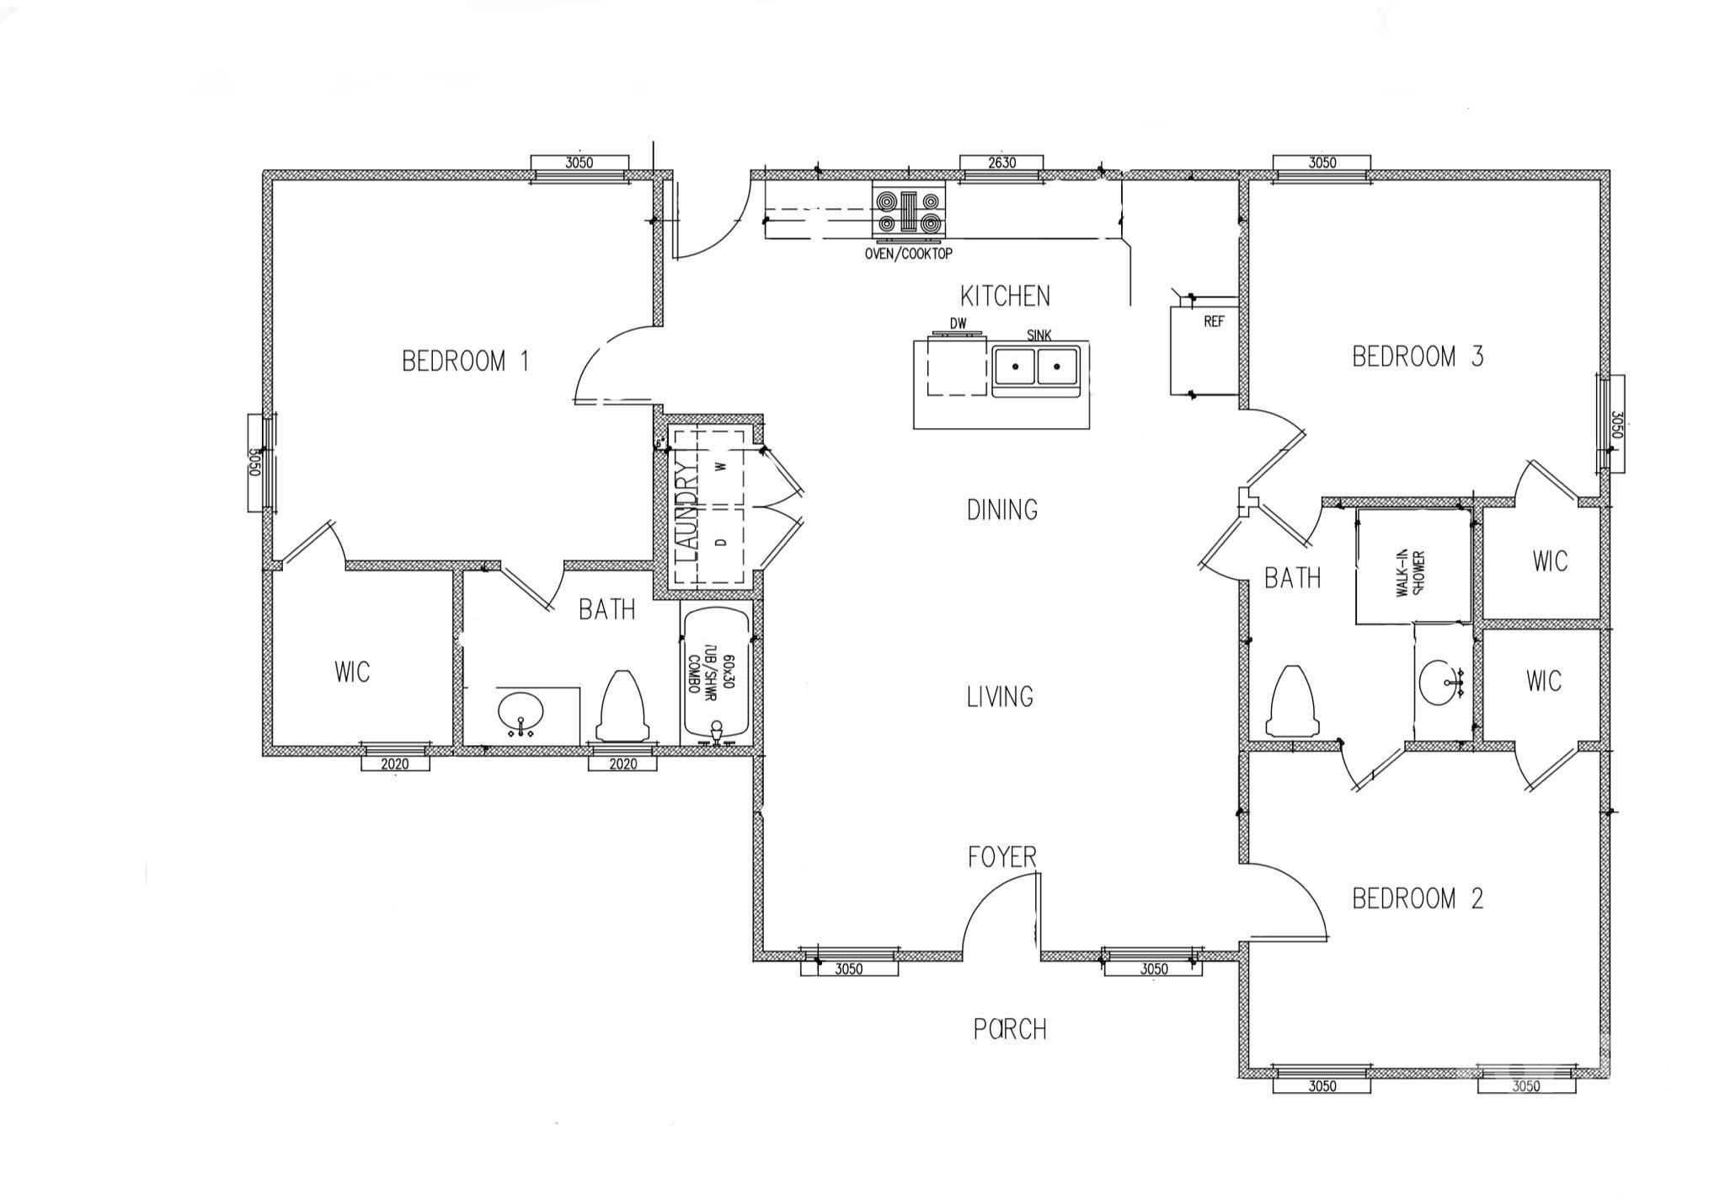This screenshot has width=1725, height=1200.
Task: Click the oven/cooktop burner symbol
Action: [908, 212]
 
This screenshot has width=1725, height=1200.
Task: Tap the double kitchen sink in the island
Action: [1035, 368]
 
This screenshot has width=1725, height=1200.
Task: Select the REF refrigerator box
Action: [1203, 351]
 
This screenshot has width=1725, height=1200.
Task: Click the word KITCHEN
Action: [1005, 296]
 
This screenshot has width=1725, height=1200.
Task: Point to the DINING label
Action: [1001, 510]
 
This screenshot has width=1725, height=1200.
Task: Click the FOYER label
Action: [1001, 857]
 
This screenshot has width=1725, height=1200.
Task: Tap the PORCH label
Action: [1010, 1029]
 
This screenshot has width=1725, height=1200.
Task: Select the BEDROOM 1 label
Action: [465, 362]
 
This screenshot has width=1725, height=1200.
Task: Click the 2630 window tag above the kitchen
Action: [1001, 163]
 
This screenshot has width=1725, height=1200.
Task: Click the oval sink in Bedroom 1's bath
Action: [522, 715]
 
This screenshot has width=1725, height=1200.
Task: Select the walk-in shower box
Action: [1413, 566]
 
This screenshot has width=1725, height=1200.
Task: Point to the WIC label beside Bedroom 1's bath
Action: [352, 672]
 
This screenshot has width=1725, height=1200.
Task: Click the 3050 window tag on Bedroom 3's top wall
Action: [1322, 163]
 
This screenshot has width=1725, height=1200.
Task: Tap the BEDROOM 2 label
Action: [1418, 898]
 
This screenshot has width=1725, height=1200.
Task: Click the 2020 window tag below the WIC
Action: [395, 763]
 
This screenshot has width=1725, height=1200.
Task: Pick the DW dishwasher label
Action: [958, 324]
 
